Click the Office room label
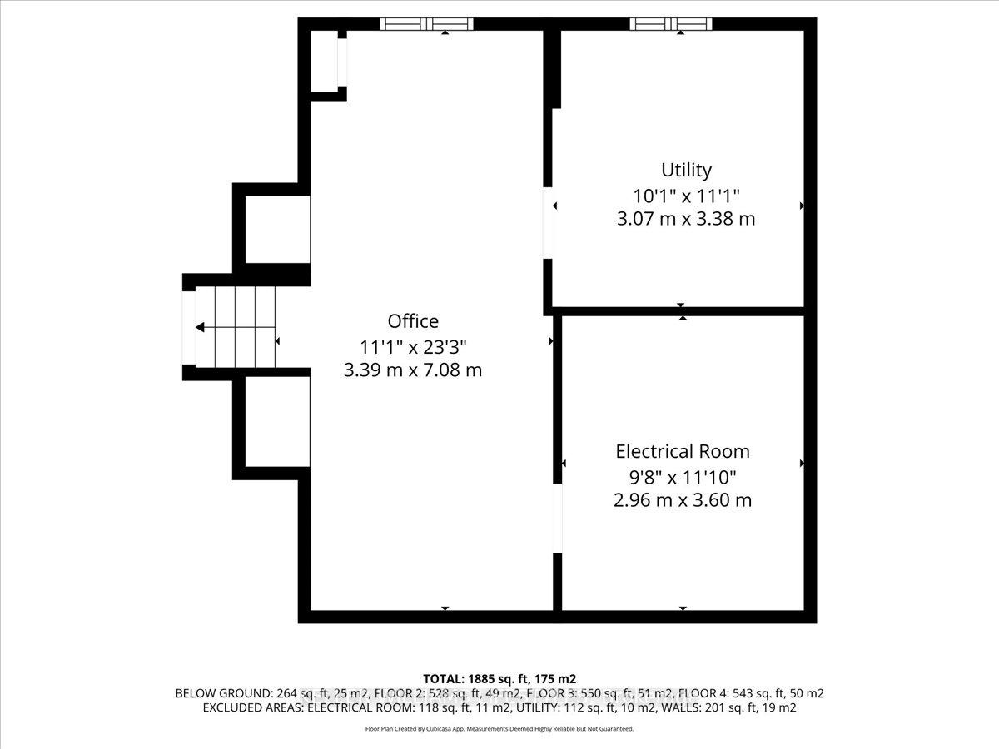click(x=413, y=321)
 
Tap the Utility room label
click(x=686, y=170)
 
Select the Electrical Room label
click(x=683, y=452)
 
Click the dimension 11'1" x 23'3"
click(x=413, y=347)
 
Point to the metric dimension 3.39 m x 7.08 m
click(x=413, y=370)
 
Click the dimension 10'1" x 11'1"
click(x=686, y=196)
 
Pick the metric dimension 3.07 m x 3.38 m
click(x=686, y=219)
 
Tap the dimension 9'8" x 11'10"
click(x=683, y=478)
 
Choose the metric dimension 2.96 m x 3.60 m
click(x=683, y=500)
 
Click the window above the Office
click(x=426, y=24)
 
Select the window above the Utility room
click(x=671, y=24)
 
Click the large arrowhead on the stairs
click(x=200, y=327)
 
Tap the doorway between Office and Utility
click(x=548, y=223)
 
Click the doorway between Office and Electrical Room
click(x=558, y=518)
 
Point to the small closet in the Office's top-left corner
click(x=324, y=61)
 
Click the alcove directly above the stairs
click(x=277, y=229)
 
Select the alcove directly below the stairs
click(x=277, y=422)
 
